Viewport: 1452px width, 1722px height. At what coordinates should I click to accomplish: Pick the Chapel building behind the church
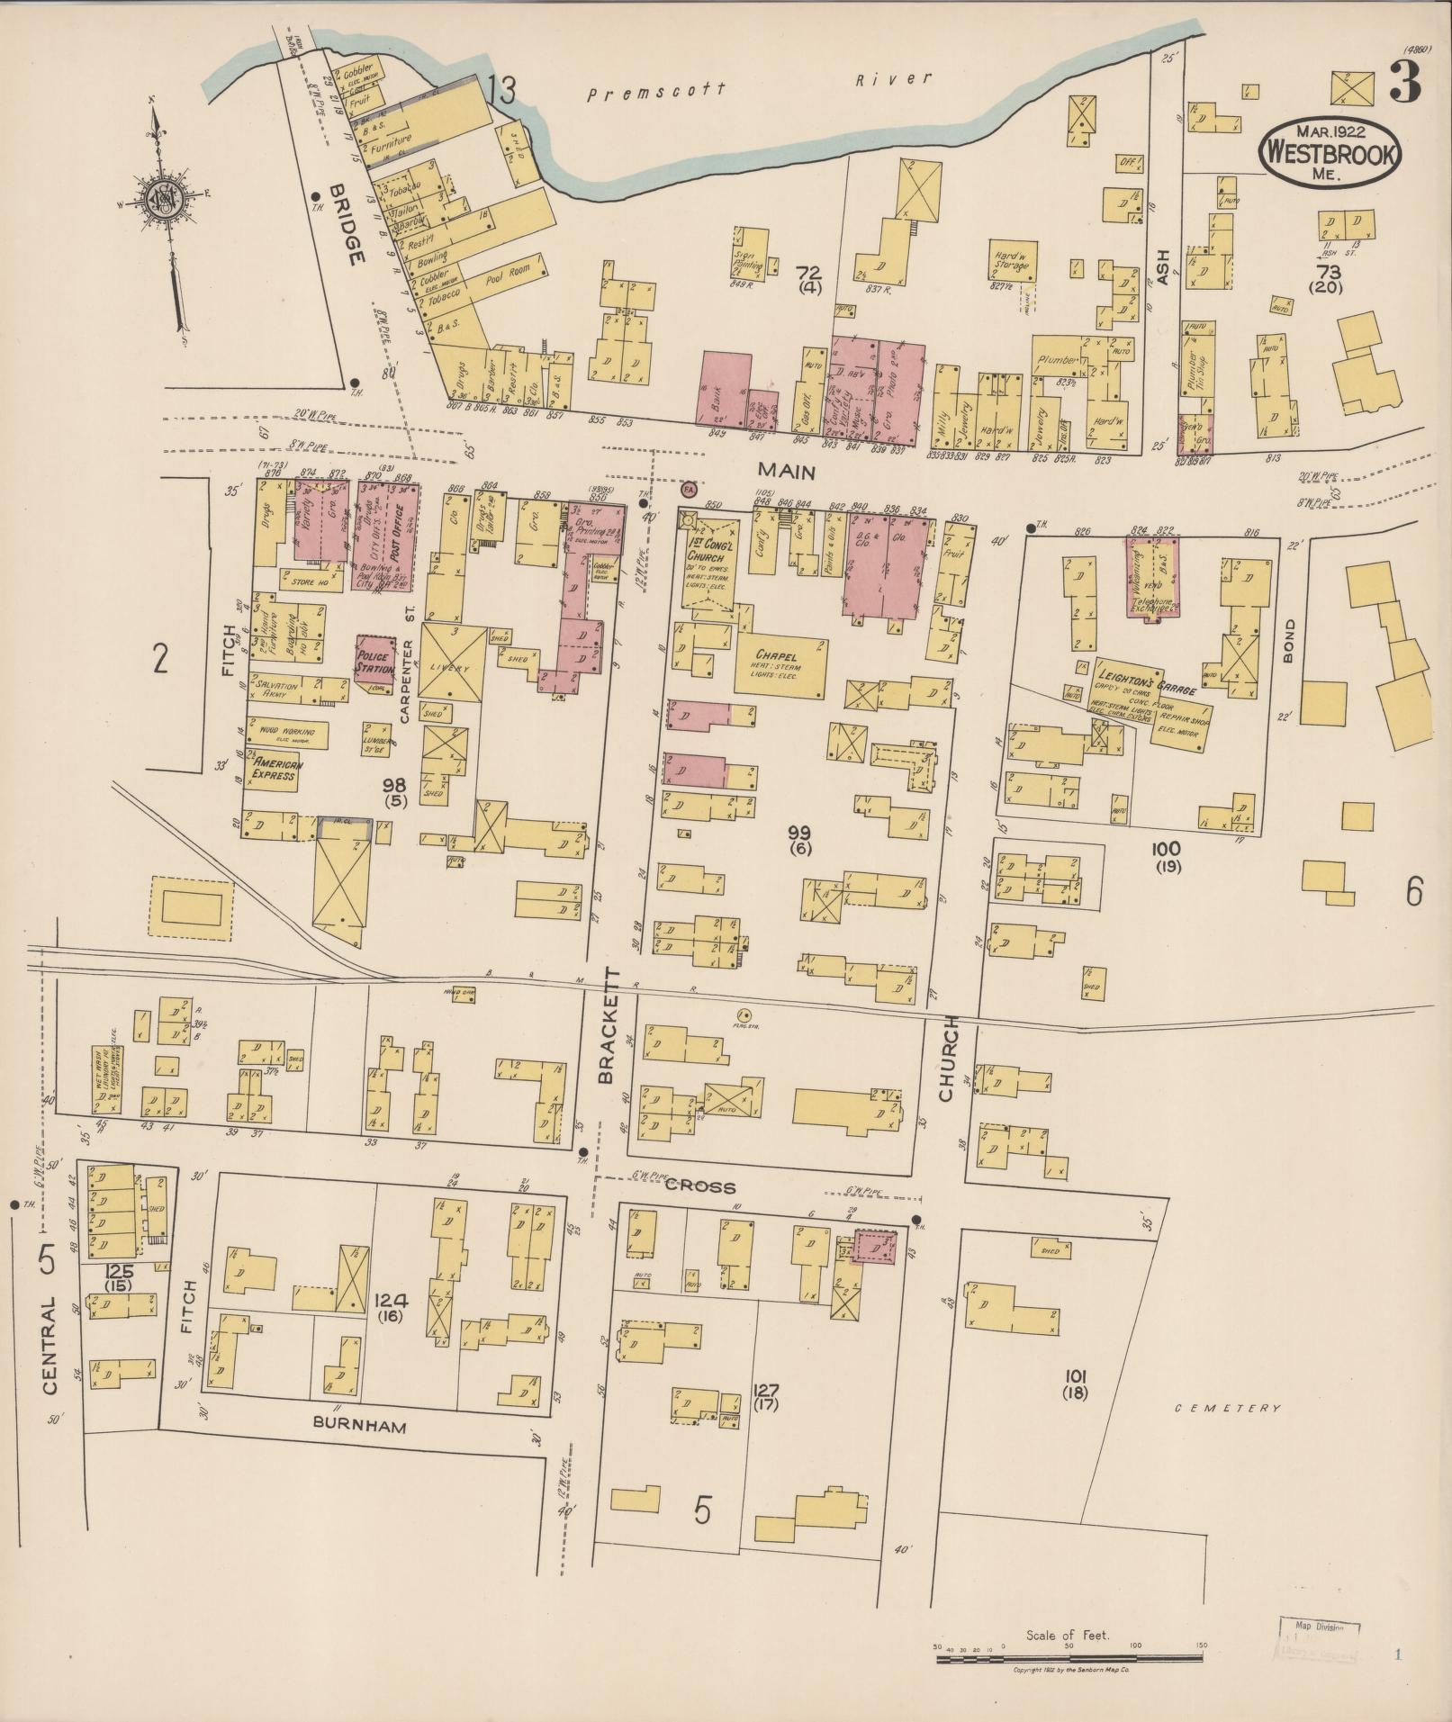pyautogui.click(x=780, y=667)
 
